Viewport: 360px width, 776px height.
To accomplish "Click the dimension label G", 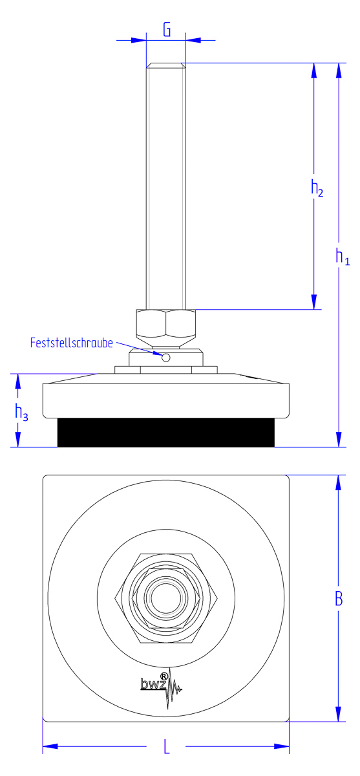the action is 167,30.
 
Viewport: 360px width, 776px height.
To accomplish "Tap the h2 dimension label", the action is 317,188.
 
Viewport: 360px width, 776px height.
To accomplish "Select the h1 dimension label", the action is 343,256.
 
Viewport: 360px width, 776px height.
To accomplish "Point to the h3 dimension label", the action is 21,413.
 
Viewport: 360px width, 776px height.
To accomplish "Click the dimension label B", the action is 339,599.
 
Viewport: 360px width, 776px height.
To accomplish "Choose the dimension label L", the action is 167,747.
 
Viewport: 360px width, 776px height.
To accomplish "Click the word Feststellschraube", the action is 72,343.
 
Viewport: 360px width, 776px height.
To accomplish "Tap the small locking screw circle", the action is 166,357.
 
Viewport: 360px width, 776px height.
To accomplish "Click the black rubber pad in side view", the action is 166,433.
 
